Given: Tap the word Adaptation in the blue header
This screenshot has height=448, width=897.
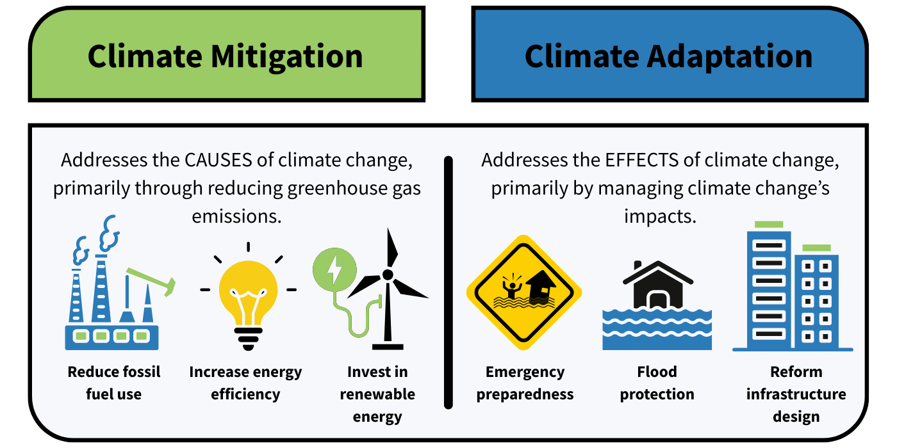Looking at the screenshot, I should (x=730, y=56).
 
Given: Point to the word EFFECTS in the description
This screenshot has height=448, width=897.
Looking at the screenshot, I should (x=641, y=160).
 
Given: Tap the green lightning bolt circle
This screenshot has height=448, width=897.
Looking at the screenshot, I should (x=334, y=269).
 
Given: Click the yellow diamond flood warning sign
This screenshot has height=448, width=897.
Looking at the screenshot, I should (x=524, y=293).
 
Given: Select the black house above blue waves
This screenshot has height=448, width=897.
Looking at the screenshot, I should (x=657, y=285).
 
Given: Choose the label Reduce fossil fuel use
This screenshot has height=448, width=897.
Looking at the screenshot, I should (x=114, y=383).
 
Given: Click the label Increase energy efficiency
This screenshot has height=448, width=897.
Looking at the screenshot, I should (x=245, y=383).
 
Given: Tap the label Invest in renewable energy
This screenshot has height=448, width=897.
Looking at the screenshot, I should (x=377, y=394).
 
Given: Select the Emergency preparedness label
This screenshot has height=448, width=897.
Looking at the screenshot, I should (x=525, y=383).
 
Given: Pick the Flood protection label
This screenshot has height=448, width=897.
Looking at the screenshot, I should (x=657, y=383).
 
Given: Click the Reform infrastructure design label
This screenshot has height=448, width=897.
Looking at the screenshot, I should (x=796, y=394).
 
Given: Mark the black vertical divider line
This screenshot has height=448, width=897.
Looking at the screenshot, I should (x=448, y=282).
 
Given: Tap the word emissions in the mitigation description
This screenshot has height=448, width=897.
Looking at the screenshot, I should (x=237, y=216).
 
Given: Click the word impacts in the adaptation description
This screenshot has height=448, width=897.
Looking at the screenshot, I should (x=660, y=216).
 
